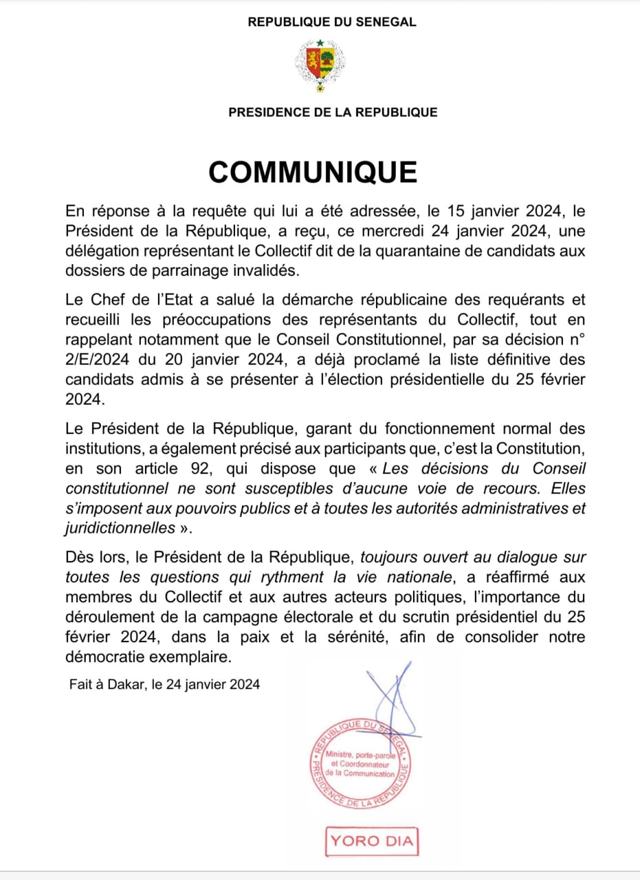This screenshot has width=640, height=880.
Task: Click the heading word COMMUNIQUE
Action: click(313, 172)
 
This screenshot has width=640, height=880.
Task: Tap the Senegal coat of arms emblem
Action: click(320, 65)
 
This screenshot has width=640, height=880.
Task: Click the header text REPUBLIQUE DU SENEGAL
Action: click(332, 22)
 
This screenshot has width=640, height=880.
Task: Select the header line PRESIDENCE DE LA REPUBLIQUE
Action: click(333, 112)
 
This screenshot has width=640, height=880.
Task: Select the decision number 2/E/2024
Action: click(103, 359)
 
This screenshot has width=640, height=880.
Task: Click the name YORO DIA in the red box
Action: click(372, 840)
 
